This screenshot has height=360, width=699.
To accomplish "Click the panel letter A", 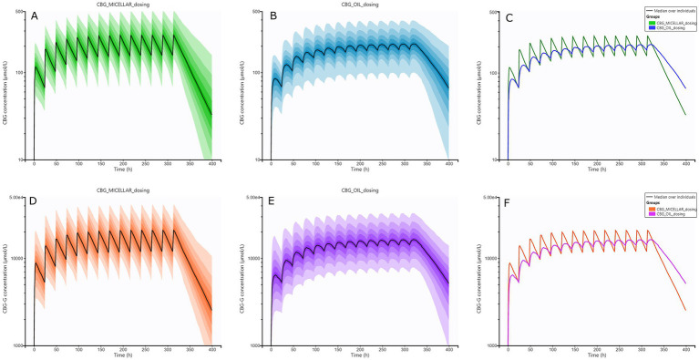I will tap(35, 16).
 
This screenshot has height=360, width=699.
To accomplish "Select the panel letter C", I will tap(508, 16).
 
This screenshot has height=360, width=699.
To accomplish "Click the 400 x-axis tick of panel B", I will tap(448, 164).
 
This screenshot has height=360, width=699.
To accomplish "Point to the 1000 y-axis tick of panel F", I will tap(495, 345).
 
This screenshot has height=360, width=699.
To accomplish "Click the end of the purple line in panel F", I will tap(685, 283).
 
